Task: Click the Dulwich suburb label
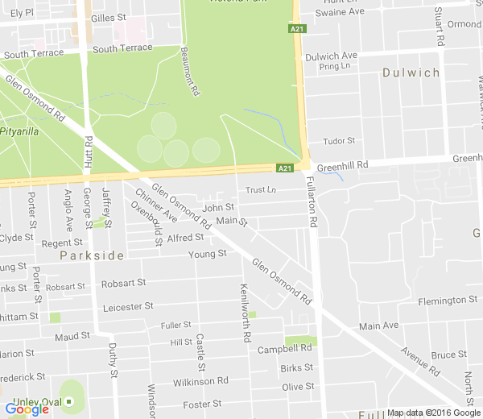[411, 73]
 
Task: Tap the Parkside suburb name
[92, 255]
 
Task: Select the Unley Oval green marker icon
[69, 400]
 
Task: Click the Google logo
[27, 409]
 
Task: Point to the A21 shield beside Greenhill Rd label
[283, 168]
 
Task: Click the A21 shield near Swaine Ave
[295, 29]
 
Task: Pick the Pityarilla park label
[19, 131]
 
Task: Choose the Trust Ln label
[260, 191]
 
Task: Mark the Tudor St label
[339, 141]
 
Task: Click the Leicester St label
[128, 307]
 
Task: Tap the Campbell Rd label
[284, 350]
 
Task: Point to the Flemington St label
[448, 301]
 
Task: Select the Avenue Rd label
[420, 363]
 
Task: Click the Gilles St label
[109, 17]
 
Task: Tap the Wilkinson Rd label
[200, 380]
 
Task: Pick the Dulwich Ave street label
[331, 56]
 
